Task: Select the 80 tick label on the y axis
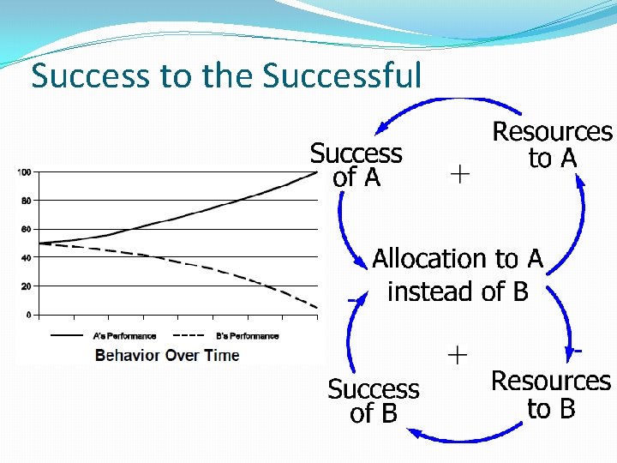coord(26,201)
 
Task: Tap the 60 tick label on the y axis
coord(26,229)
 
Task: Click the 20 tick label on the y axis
coord(26,286)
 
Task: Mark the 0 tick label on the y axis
coord(28,315)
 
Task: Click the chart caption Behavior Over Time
coord(167,355)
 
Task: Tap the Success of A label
coord(356,165)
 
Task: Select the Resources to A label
coord(552,145)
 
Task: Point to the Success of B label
coord(374,401)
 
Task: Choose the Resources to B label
coord(551,394)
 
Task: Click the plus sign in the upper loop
coord(459,174)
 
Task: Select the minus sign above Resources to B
coord(578,350)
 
